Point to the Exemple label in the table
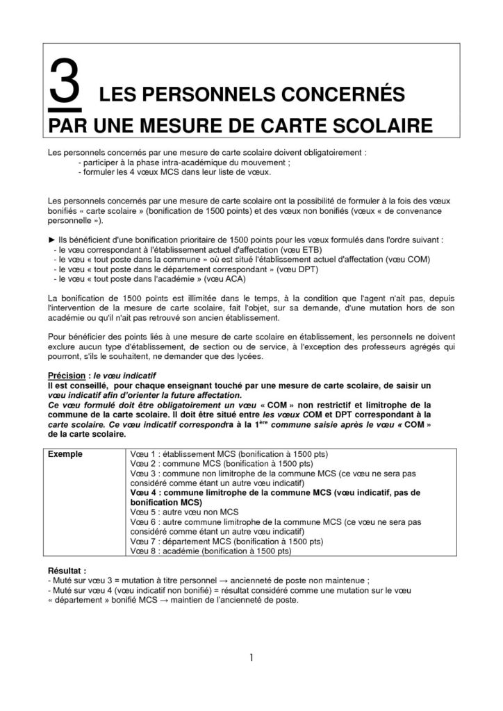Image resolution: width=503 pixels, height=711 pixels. [x=67, y=453]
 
